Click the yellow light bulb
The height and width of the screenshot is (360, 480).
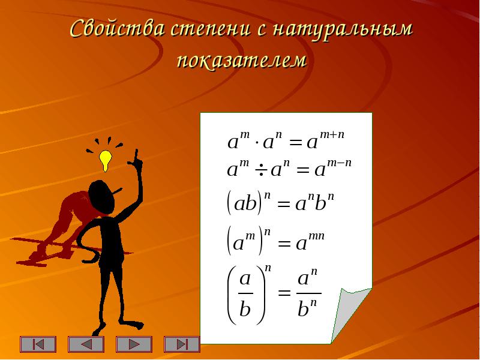[106, 160]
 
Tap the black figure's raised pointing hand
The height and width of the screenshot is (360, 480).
[136, 161]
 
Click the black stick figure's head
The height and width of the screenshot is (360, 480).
[101, 197]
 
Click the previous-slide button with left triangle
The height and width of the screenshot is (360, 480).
[86, 344]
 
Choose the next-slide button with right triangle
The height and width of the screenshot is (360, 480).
[134, 344]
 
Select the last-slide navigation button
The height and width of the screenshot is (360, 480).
[182, 344]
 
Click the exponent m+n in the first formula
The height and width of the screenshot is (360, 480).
[332, 134]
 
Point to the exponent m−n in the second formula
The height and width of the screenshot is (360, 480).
[339, 163]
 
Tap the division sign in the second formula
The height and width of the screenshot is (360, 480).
[260, 170]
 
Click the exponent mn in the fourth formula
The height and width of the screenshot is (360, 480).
[317, 236]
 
